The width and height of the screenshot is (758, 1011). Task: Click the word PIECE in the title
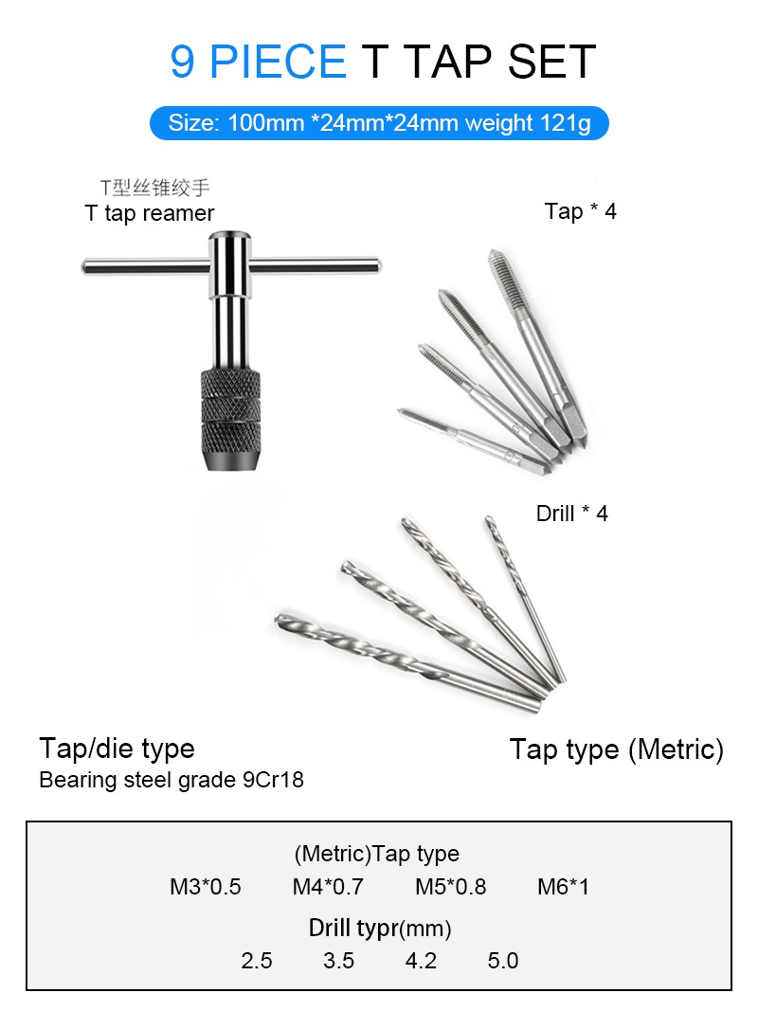point(278,62)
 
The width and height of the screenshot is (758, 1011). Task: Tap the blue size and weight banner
point(379,122)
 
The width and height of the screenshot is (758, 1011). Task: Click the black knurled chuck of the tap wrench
point(230,420)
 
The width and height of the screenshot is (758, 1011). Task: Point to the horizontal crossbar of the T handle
point(231,265)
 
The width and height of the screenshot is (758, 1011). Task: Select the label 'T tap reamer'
point(150,213)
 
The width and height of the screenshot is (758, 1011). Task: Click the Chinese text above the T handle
point(154,188)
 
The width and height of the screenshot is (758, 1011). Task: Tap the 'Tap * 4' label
point(580,211)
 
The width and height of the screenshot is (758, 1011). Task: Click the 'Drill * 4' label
point(571,514)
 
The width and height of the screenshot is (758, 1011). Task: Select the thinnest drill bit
point(525,598)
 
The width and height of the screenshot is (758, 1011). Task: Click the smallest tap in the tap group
point(473,441)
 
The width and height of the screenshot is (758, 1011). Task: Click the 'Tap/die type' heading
point(117,749)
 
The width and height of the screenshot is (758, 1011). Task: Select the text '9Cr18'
point(273,780)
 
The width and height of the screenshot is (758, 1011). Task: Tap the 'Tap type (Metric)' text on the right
point(617,749)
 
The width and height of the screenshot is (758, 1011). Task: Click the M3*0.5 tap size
point(205,887)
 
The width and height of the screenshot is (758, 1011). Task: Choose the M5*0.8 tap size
point(451,887)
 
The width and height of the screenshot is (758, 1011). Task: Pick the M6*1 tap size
point(564,887)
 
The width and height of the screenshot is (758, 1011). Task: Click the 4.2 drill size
point(421,961)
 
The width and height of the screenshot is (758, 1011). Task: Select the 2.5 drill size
point(257,961)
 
